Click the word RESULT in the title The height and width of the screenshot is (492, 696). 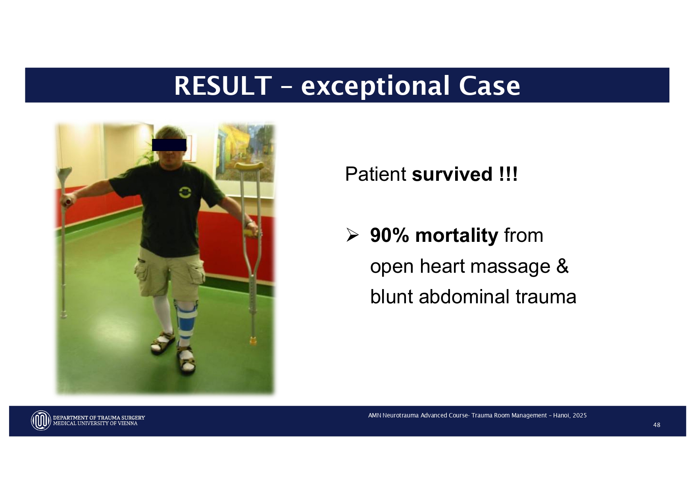pyautogui.click(x=223, y=86)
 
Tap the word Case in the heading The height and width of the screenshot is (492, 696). pyautogui.click(x=489, y=86)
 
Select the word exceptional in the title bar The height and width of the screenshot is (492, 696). pyautogui.click(x=375, y=86)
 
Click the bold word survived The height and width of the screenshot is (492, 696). pyautogui.click(x=452, y=174)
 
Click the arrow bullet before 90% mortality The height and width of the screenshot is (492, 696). pyautogui.click(x=352, y=235)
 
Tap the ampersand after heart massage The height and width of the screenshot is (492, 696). pyautogui.click(x=562, y=266)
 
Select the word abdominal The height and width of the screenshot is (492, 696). pyautogui.click(x=464, y=297)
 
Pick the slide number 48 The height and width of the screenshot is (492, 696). pyautogui.click(x=657, y=425)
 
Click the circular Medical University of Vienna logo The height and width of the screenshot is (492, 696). pyautogui.click(x=41, y=420)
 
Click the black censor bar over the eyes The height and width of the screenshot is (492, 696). pyautogui.click(x=169, y=145)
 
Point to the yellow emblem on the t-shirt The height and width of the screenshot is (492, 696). pyautogui.click(x=185, y=192)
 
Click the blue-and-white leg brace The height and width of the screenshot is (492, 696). pyautogui.click(x=185, y=321)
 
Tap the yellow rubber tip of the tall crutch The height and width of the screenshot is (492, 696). pyautogui.click(x=253, y=340)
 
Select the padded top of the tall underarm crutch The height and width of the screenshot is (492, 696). pyautogui.click(x=249, y=166)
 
